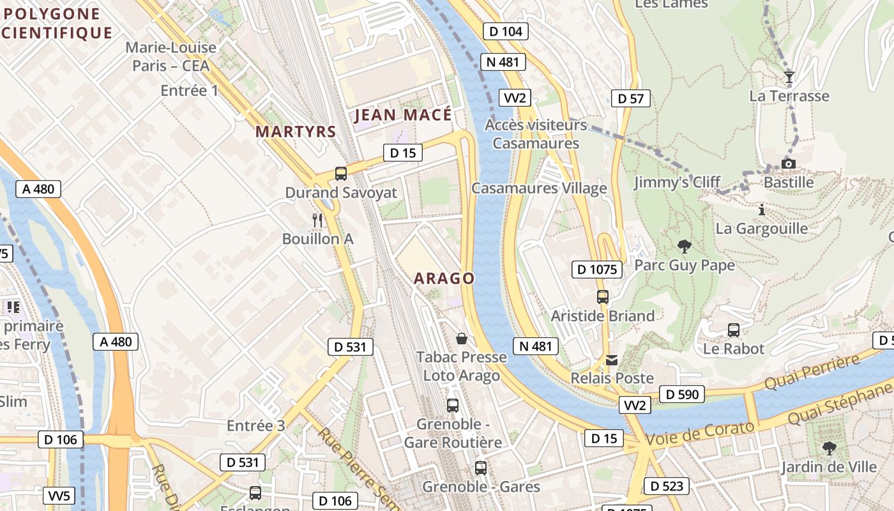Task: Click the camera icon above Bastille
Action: point(789,164)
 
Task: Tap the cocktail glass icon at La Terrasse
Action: point(789,77)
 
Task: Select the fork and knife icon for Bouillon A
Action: point(317,220)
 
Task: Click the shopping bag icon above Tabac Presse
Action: point(461,338)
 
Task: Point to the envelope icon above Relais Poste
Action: point(612,360)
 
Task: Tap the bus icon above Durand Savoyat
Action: point(341,173)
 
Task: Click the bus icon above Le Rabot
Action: point(734,330)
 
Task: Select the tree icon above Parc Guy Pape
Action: point(685,246)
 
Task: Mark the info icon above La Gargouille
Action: point(761,210)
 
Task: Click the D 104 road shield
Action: point(506,31)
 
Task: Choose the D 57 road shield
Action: point(631,98)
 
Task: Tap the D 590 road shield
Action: point(683,395)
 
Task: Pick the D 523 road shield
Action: point(667,486)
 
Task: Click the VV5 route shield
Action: point(60,496)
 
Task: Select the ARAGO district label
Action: point(444,278)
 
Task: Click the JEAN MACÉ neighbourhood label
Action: point(403,115)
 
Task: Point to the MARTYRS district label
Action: point(296,132)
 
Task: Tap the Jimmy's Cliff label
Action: point(677,183)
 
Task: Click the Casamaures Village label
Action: point(539,188)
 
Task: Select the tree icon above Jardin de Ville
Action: point(829,448)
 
